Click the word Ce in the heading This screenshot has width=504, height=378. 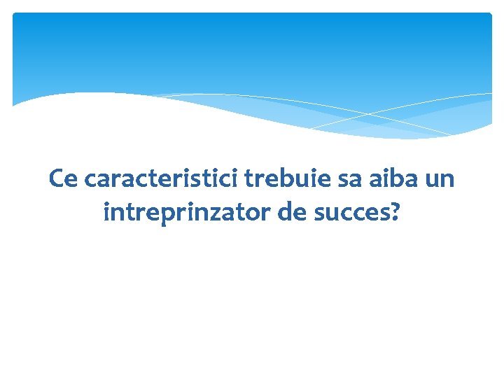63,179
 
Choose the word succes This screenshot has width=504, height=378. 353,211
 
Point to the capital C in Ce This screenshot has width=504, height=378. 57,179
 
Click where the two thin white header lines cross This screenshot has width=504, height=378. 370,114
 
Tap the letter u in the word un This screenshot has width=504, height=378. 432,180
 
